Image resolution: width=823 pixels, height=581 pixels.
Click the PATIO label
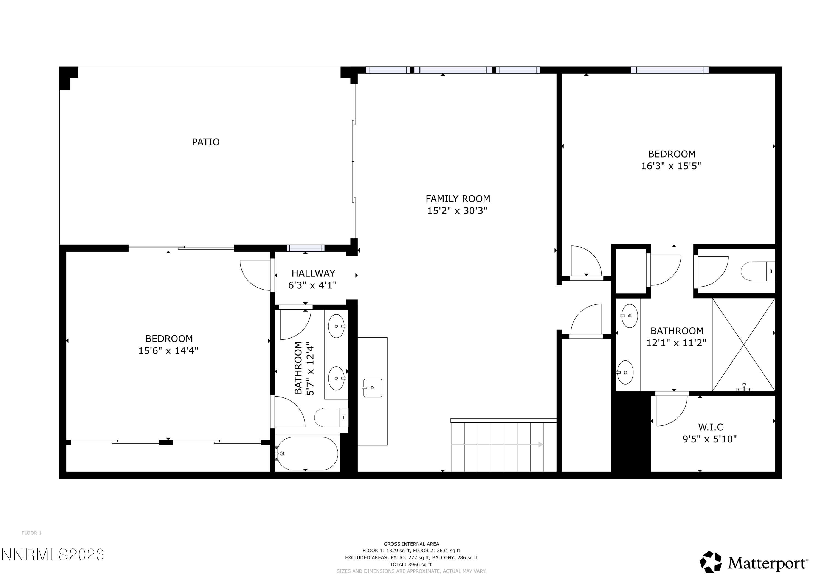tap(206, 142)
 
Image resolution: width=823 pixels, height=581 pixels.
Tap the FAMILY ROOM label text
tap(458, 199)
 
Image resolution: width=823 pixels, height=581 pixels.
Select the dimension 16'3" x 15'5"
tap(671, 166)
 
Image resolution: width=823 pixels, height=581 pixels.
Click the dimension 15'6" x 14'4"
tap(168, 350)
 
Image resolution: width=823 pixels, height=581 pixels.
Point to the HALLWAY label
tap(313, 273)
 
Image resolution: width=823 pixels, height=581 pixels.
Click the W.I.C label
tap(711, 427)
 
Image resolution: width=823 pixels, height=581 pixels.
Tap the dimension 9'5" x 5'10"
tap(709, 439)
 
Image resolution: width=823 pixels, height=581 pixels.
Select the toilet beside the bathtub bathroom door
tap(331, 417)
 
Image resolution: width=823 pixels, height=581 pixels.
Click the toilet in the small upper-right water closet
tap(757, 271)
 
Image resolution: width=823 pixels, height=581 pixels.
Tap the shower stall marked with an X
tap(743, 345)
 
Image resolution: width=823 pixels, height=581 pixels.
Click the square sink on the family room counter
tap(373, 388)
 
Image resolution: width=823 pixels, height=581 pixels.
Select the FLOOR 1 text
tap(32, 533)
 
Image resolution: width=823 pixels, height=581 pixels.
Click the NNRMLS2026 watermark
tap(53, 555)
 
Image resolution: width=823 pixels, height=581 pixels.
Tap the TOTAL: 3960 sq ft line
tap(411, 565)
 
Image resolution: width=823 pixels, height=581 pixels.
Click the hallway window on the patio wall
tap(305, 248)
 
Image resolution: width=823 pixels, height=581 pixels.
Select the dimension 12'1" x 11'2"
tap(676, 343)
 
